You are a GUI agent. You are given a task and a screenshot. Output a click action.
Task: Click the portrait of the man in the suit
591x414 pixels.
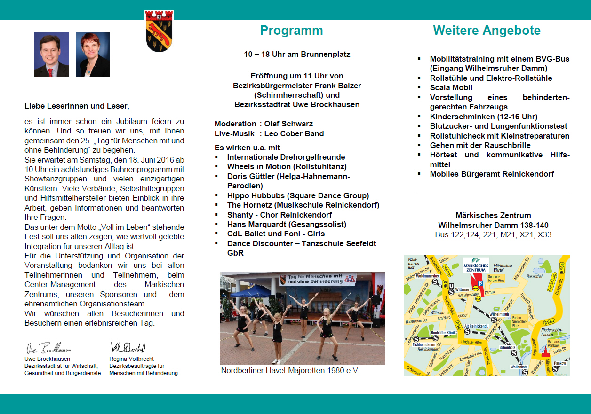point(51,54)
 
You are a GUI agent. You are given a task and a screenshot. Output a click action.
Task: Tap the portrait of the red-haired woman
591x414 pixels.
point(93,54)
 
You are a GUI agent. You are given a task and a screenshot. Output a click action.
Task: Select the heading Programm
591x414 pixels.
point(291,31)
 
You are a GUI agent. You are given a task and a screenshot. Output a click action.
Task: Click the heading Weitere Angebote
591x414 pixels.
point(487,31)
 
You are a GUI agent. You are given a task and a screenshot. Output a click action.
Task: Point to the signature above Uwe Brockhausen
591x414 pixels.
point(48,349)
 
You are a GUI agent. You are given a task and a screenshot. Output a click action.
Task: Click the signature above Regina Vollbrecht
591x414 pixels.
point(128,348)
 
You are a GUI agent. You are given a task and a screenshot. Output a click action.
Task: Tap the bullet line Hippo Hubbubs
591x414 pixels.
point(297,195)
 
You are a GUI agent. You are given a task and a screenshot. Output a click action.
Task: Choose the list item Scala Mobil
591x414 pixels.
point(451,87)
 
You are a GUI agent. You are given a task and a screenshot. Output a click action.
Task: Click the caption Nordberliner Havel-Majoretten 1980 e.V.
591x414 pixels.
point(290,371)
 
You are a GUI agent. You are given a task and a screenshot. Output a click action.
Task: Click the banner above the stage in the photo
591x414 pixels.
point(318,280)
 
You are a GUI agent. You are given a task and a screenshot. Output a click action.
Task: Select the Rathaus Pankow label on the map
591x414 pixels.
point(553,344)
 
